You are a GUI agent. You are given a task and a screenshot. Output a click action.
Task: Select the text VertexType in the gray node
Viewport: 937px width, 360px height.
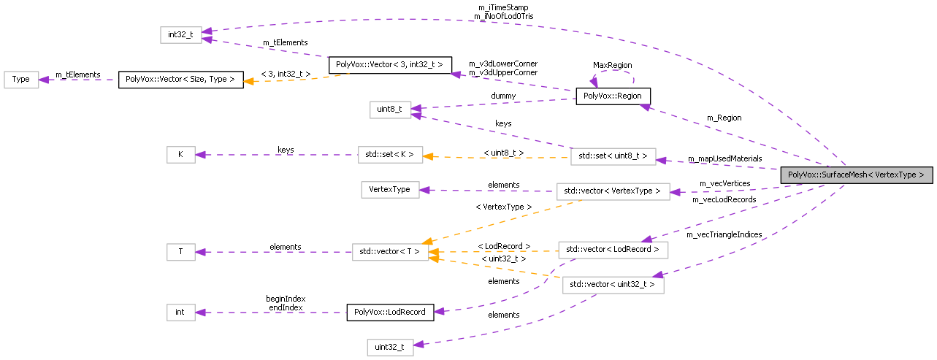coord(895,175)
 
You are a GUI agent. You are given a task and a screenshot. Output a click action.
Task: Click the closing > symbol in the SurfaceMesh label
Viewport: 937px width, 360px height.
coord(922,175)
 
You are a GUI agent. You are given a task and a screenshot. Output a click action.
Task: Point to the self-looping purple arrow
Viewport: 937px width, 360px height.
coord(613,73)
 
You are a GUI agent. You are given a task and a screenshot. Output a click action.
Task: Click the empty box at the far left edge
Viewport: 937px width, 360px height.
coord(21,80)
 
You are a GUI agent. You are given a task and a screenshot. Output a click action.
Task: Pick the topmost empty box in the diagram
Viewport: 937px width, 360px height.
coord(180,35)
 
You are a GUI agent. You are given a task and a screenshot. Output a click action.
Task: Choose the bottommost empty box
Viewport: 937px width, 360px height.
coord(390,348)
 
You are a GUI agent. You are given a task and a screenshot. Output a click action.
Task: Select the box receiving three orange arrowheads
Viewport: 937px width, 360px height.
coord(390,252)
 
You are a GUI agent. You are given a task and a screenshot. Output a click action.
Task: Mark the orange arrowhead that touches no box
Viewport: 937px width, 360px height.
coord(249,81)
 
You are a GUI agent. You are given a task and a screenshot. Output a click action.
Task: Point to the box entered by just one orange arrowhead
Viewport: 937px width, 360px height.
coord(390,155)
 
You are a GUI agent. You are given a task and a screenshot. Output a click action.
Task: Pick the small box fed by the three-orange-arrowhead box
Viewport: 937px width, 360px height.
coord(180,252)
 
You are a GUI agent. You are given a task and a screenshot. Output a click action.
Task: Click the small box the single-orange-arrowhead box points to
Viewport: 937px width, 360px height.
coord(180,155)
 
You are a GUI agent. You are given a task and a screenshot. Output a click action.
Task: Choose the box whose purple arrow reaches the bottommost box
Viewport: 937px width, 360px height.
coord(613,285)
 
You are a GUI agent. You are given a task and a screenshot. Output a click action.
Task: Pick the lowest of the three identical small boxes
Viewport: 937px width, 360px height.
coord(180,313)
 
